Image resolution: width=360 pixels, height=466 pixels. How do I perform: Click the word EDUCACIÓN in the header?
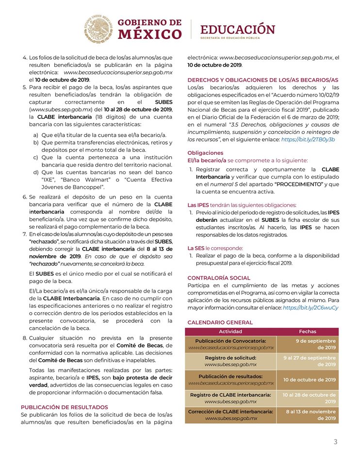pyautogui.click(x=238, y=28)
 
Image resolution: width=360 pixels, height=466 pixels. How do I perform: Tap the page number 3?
pyautogui.click(x=335, y=441)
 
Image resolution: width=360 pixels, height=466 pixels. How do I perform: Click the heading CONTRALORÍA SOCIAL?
pyautogui.click(x=219, y=278)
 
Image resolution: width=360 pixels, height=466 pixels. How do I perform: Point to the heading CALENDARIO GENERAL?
pyautogui.click(x=220, y=322)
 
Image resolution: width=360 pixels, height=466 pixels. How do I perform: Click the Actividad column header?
pyautogui.click(x=230, y=332)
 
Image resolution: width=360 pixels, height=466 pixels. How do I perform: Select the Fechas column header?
pyautogui.click(x=308, y=332)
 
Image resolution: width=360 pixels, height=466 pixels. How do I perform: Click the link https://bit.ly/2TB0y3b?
pyautogui.click(x=308, y=139)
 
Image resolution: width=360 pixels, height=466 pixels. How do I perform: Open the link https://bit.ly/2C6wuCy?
pyautogui.click(x=311, y=308)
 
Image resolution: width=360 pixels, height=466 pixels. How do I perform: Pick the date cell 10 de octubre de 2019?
pyautogui.click(x=310, y=380)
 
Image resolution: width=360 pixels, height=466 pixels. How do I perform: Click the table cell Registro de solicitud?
pyautogui.click(x=230, y=361)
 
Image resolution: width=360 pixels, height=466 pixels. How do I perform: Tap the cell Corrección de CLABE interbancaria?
pyautogui.click(x=230, y=415)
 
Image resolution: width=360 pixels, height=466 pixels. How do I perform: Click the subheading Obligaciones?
pyautogui.click(x=205, y=152)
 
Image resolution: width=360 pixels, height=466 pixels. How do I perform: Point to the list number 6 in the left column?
pyautogui.click(x=25, y=198)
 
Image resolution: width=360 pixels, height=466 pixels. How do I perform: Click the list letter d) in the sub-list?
pyautogui.click(x=35, y=172)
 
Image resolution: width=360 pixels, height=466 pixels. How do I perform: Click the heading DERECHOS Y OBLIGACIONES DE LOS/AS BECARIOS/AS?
pyautogui.click(x=263, y=80)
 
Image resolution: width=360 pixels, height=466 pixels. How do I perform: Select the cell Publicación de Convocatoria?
pyautogui.click(x=230, y=344)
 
